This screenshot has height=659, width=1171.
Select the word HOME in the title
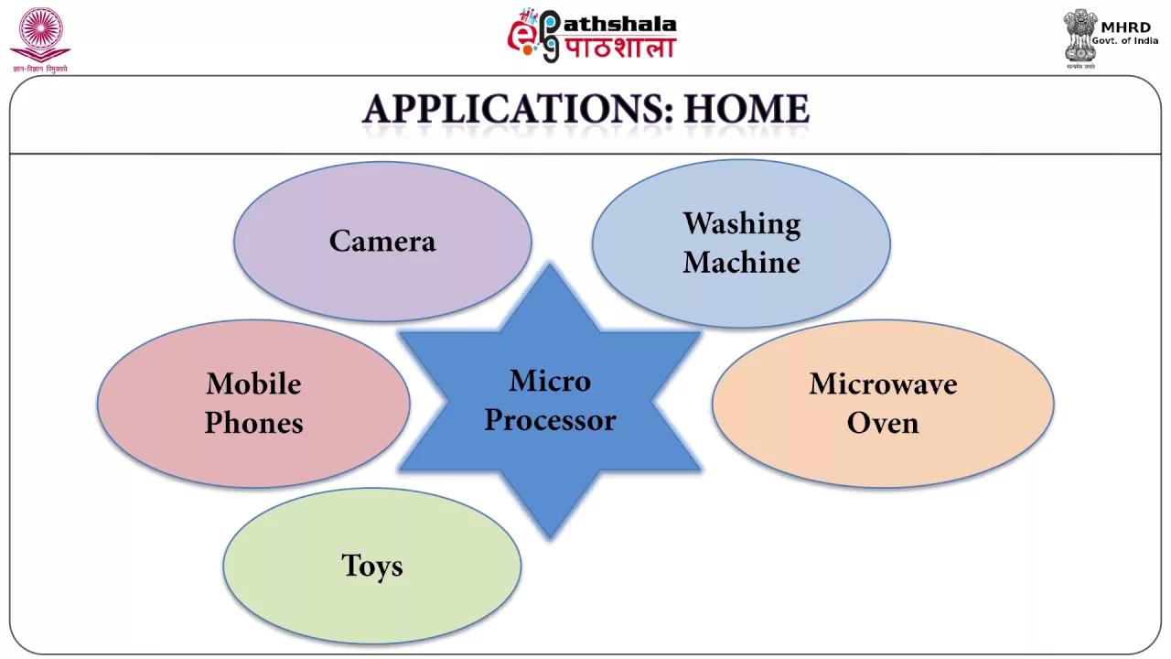pyautogui.click(x=747, y=109)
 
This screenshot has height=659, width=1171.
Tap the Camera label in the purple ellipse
pyautogui.click(x=382, y=241)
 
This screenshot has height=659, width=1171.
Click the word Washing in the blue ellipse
pyautogui.click(x=742, y=225)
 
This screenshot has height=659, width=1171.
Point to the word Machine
pyautogui.click(x=741, y=262)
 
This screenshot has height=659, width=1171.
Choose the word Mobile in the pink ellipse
pyautogui.click(x=253, y=384)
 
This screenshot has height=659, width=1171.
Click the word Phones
pyautogui.click(x=253, y=423)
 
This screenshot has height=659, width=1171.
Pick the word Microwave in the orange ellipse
pyautogui.click(x=883, y=384)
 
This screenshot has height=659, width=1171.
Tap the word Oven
pyautogui.click(x=883, y=423)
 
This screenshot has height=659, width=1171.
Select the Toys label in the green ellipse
pyautogui.click(x=372, y=567)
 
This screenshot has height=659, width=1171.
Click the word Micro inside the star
pyautogui.click(x=550, y=380)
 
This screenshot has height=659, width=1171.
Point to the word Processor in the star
pyautogui.click(x=550, y=419)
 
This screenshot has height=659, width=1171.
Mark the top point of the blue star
pyautogui.click(x=550, y=263)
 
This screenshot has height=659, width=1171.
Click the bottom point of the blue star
pyautogui.click(x=550, y=537)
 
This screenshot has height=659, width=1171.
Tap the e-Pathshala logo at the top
pyautogui.click(x=592, y=36)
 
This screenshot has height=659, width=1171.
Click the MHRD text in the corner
pyautogui.click(x=1125, y=27)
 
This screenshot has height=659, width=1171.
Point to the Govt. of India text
pyautogui.click(x=1125, y=41)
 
